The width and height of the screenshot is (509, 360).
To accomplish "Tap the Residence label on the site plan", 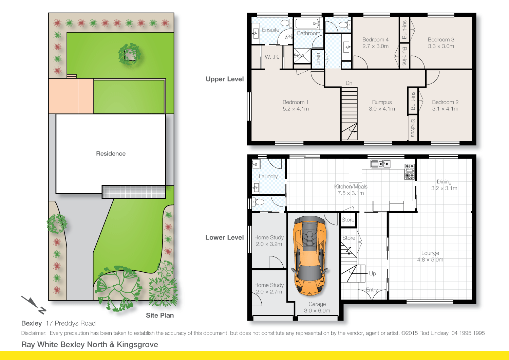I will point(111,154).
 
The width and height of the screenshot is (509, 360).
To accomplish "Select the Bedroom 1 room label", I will point(295,102).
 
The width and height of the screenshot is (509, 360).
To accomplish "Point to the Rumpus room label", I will point(382,102).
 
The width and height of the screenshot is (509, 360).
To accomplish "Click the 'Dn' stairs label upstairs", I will point(349,83).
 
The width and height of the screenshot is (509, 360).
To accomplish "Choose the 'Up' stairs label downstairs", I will point(372,273).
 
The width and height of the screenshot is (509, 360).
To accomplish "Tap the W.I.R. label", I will point(272,57).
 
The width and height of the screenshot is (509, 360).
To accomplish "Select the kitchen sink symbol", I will point(381,164).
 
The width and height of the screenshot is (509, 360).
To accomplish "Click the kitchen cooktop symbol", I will point(410,172).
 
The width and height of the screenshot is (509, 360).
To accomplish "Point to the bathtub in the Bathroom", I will point(307,24).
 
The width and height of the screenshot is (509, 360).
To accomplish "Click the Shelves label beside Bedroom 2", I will point(413,128).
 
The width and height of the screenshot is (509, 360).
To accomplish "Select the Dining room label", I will point(444,182).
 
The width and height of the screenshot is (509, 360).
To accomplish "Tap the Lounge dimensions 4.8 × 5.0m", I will point(430,260).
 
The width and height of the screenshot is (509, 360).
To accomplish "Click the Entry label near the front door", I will point(372,290).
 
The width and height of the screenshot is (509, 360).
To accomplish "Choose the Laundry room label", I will point(268,177).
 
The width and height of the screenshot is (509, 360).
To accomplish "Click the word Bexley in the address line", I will point(31,323).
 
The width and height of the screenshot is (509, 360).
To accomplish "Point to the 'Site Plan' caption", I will point(160,316).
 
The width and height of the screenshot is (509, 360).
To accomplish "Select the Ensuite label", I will point(270,30).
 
